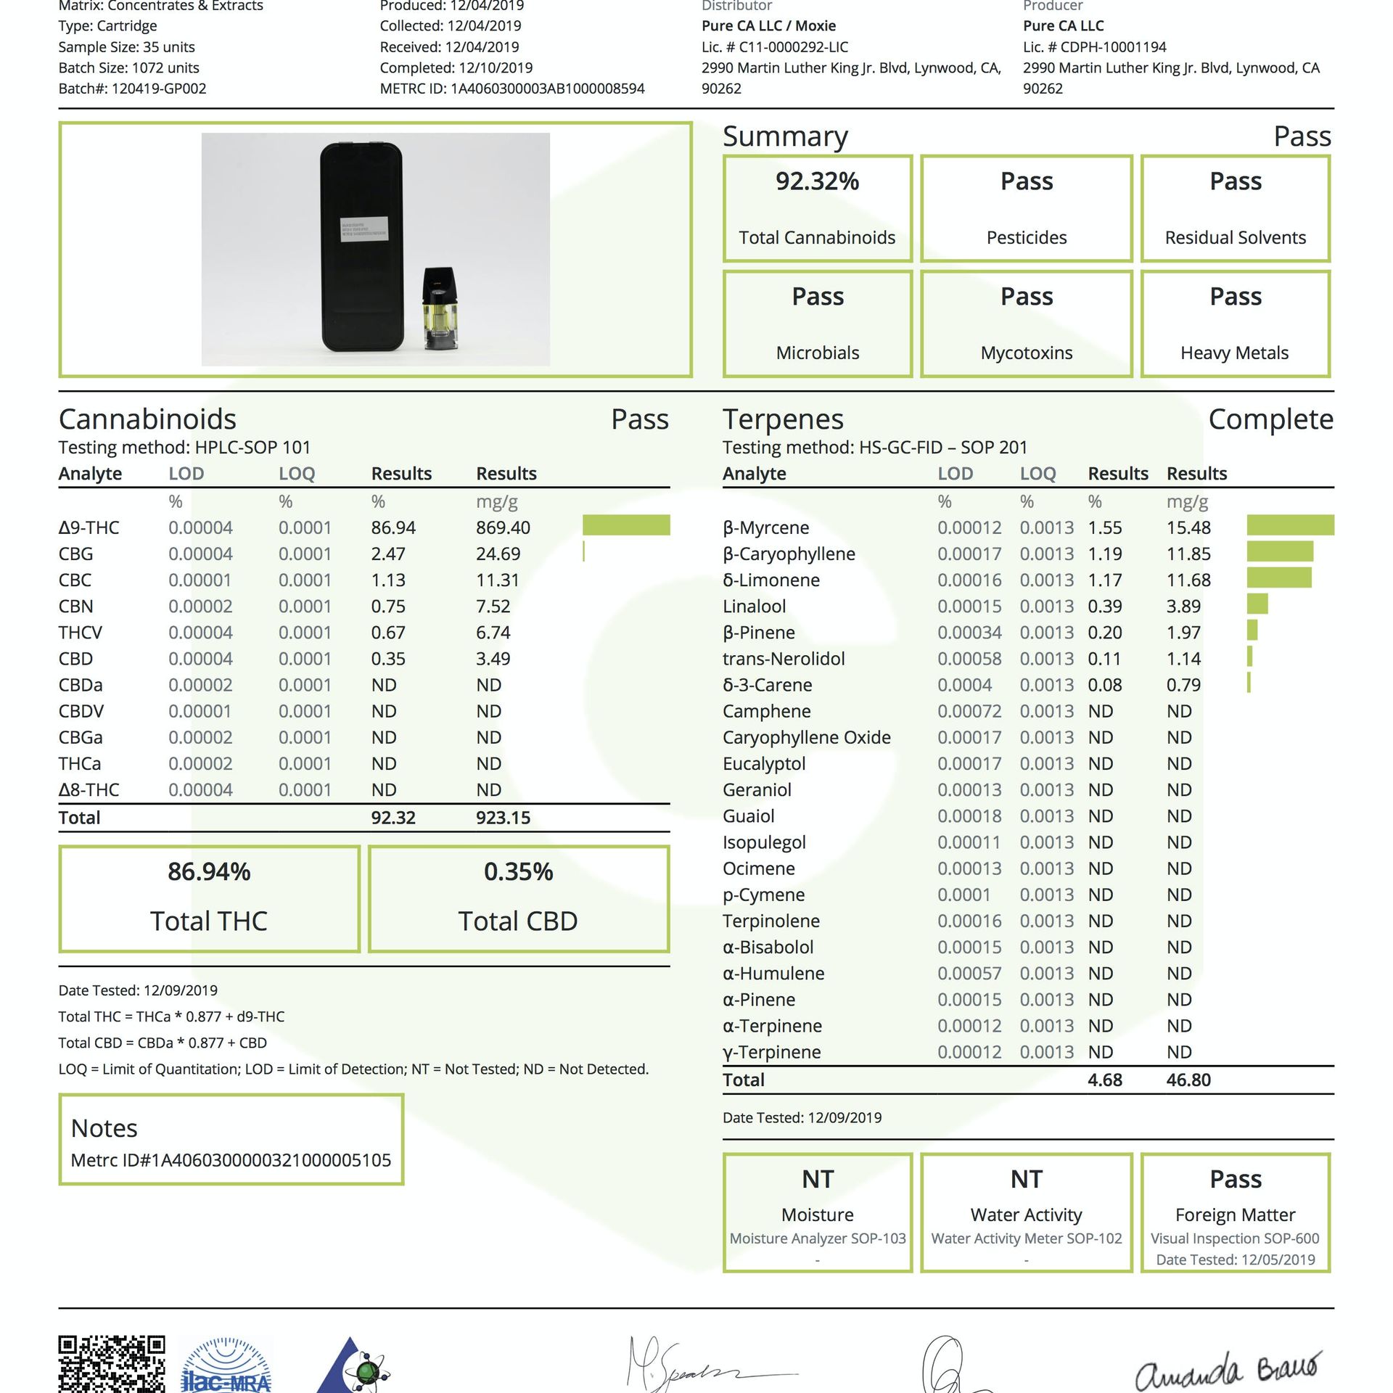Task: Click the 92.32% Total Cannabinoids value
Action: point(817,181)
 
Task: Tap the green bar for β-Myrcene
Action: point(1290,525)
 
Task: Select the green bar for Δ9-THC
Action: point(626,525)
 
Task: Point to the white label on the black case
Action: point(363,229)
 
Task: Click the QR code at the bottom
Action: point(111,1364)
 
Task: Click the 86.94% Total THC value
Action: point(209,871)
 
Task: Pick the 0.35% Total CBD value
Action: point(518,871)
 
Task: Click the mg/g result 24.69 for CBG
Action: point(498,554)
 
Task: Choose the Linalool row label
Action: point(754,607)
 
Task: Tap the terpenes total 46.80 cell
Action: point(1188,1080)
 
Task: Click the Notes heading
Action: point(104,1128)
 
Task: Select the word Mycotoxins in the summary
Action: point(1026,353)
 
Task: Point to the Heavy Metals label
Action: point(1234,353)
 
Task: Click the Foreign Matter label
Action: point(1235,1215)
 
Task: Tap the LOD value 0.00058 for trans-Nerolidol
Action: point(969,659)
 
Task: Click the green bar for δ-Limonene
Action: point(1278,578)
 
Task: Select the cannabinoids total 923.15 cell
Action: point(503,818)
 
